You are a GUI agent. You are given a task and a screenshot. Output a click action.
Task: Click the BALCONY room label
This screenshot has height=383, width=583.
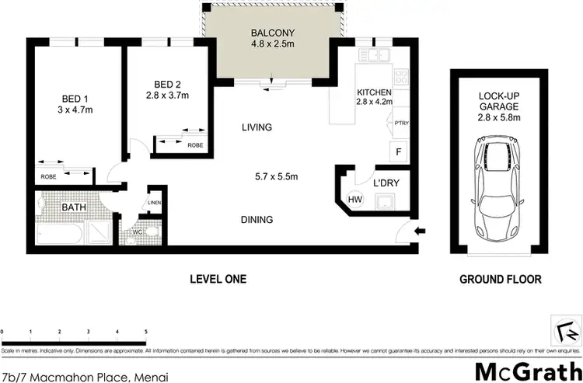click(271, 33)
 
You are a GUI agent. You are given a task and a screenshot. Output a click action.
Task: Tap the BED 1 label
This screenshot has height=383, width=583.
click(77, 99)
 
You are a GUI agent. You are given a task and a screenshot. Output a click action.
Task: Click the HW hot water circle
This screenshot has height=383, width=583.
click(354, 199)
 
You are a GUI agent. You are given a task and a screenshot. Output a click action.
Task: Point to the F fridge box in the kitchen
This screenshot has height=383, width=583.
click(399, 152)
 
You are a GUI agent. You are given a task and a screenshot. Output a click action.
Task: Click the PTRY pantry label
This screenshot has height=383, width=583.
click(402, 123)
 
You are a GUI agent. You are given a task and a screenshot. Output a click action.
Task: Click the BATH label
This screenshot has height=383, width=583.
click(74, 207)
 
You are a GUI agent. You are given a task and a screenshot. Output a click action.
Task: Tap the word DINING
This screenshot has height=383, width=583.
click(257, 220)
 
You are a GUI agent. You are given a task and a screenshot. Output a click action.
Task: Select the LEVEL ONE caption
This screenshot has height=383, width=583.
click(218, 279)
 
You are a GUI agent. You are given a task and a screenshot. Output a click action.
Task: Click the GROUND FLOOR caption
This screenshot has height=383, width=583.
click(500, 279)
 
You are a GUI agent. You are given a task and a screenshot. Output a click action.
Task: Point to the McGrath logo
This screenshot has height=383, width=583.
click(528, 368)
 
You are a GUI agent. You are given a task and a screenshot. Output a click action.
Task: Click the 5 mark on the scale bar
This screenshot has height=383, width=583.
click(146, 332)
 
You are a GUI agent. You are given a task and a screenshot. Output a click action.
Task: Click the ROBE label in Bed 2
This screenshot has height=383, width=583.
click(195, 144)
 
